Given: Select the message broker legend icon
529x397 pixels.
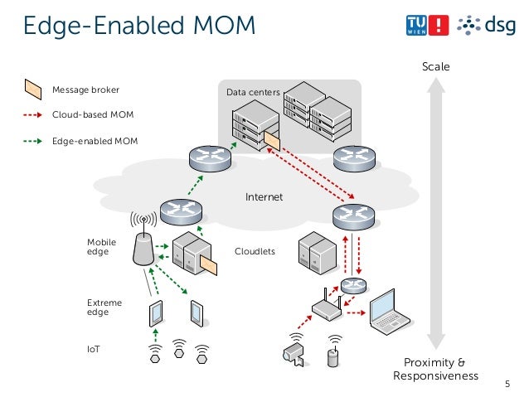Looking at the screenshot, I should coord(32,87).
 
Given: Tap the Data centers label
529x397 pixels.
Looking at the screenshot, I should coord(253,94).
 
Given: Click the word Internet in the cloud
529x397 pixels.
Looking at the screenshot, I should coord(264,197).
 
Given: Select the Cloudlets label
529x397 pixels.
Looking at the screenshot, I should coord(255,250).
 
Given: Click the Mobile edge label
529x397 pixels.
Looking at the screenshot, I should coord(102,246).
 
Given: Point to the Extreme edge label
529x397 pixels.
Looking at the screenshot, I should coord(104,307).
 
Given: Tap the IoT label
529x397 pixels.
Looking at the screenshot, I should coord(94,349).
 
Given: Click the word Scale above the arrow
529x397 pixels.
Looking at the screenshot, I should coord(435,66).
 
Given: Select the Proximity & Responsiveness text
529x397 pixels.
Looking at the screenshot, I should coord(435,370).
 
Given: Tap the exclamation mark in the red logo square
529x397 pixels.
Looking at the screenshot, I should coord(439,26).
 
